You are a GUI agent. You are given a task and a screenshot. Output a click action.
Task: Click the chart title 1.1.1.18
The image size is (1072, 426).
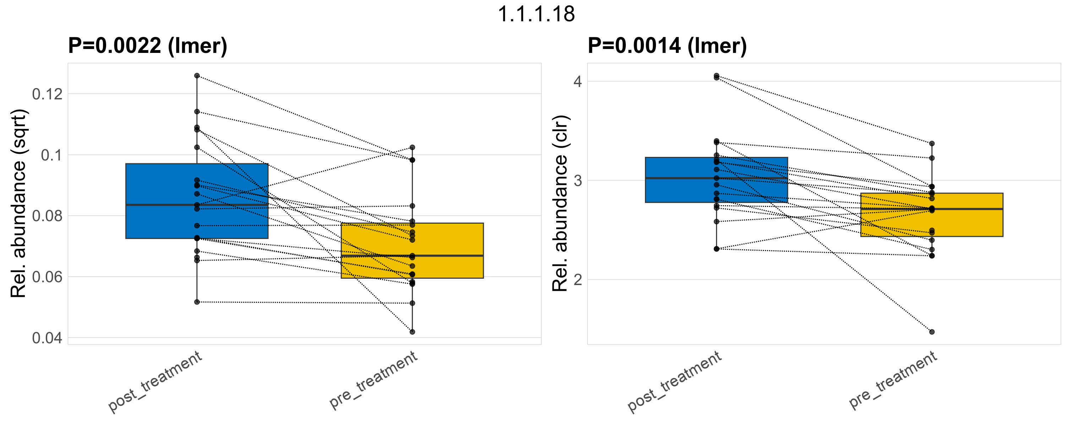coord(536,14)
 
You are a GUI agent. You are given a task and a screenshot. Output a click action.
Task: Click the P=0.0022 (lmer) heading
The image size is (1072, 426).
coord(148,45)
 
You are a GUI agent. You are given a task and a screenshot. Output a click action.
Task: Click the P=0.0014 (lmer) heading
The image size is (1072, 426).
coord(667,45)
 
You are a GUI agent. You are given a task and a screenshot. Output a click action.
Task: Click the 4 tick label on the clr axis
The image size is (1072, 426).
coord(577,82)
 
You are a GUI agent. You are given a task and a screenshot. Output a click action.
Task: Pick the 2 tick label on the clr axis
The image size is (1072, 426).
coord(577,280)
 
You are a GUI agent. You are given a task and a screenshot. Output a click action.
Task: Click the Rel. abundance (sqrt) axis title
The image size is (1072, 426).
coord(18,203)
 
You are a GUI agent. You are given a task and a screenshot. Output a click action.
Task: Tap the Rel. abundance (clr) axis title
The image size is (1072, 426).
coord(560,203)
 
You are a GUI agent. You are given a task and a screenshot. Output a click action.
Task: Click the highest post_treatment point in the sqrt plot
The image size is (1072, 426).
coord(197,76)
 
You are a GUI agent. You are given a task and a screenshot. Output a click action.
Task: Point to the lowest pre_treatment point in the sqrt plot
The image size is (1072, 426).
coord(412,332)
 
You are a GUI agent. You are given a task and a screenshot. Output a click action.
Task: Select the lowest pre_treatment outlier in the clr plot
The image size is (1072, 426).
coord(932,332)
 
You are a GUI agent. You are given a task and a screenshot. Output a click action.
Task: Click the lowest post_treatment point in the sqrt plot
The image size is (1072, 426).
coord(197,302)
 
